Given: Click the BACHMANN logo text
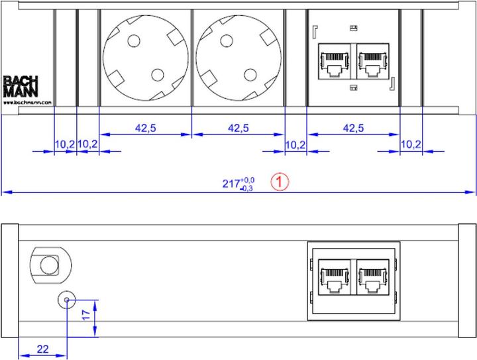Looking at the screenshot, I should coord(20,87).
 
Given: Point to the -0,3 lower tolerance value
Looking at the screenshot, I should coord(247,189).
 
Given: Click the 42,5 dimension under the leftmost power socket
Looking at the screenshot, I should coord(145,129).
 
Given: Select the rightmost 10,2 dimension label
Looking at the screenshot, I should coord(411,144).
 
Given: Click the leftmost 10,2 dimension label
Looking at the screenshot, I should coord(64,144).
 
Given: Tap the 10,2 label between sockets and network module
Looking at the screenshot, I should coord(295,144).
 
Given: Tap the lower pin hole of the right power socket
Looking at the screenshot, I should coord(251,74).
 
